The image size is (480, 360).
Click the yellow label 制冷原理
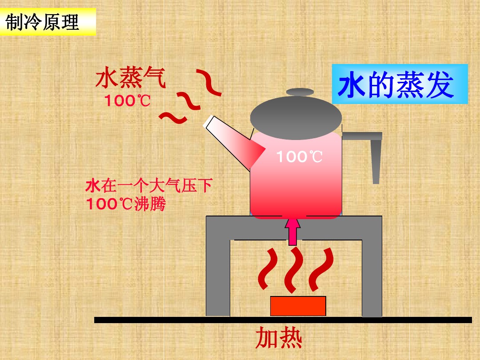(x=48, y=23)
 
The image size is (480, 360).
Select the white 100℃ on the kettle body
(x=299, y=156)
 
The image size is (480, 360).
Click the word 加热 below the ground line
(x=279, y=339)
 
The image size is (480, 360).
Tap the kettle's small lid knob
(x=300, y=92)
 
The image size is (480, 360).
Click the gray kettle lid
(x=296, y=115)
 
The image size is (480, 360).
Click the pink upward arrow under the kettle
(x=292, y=231)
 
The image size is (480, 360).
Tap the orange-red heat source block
(x=298, y=306)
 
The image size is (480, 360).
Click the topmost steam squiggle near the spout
(x=209, y=82)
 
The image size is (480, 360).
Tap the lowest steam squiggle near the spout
(x=173, y=117)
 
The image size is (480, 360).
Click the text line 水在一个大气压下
(x=148, y=185)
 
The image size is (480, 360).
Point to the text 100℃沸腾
(x=126, y=204)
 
